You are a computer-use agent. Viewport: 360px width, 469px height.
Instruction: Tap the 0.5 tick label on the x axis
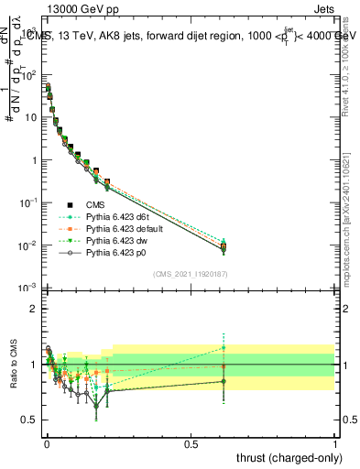coord(191,442)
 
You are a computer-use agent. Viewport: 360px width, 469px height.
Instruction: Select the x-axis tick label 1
coord(335,442)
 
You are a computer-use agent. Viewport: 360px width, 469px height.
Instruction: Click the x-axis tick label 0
coord(47,442)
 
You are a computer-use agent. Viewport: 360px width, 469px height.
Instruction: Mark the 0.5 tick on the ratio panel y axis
coord(28,420)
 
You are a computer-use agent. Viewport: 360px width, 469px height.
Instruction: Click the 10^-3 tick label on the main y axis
coord(27,288)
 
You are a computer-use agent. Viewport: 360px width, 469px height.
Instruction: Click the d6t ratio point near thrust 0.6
coord(224,347)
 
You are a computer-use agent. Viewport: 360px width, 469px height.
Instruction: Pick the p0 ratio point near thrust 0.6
coord(224,381)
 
